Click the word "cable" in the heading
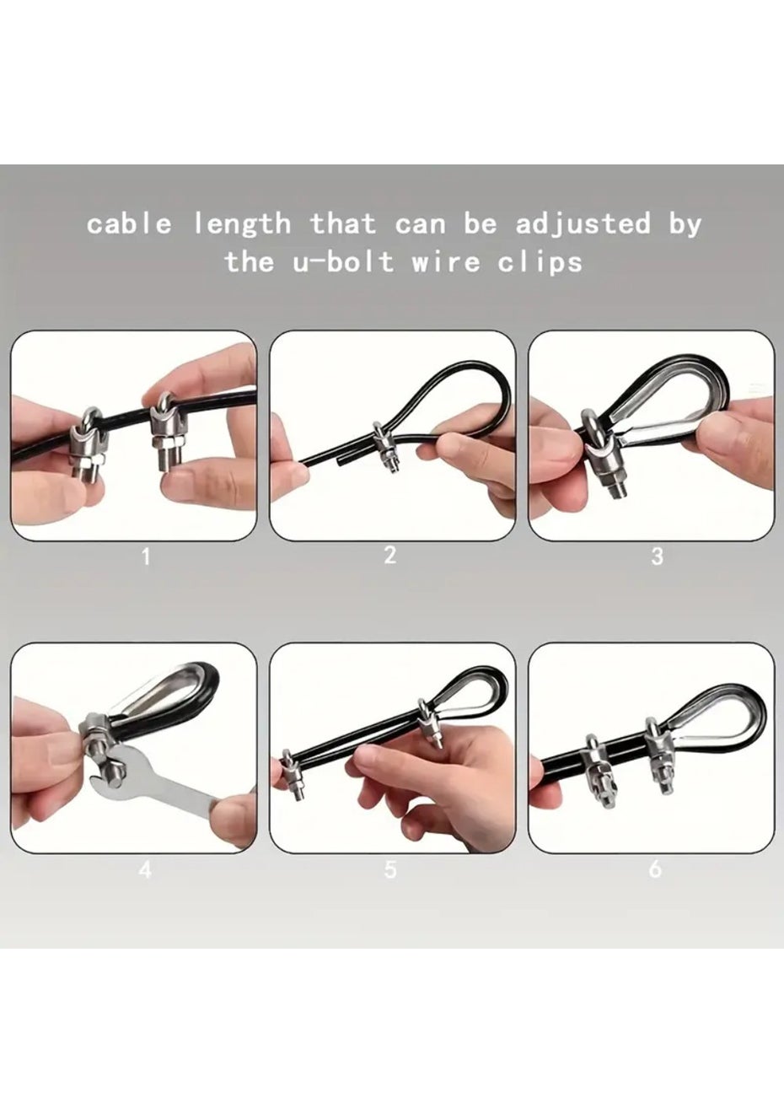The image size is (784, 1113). pos(129,224)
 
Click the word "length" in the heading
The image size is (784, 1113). pos(242,223)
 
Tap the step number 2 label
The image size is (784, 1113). pos(390,555)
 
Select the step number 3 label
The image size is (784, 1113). pos(657,557)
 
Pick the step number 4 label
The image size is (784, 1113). pos(145,869)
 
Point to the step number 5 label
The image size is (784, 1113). pos(390,869)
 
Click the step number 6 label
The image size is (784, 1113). pos(656,869)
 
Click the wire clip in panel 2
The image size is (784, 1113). pos(385,446)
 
